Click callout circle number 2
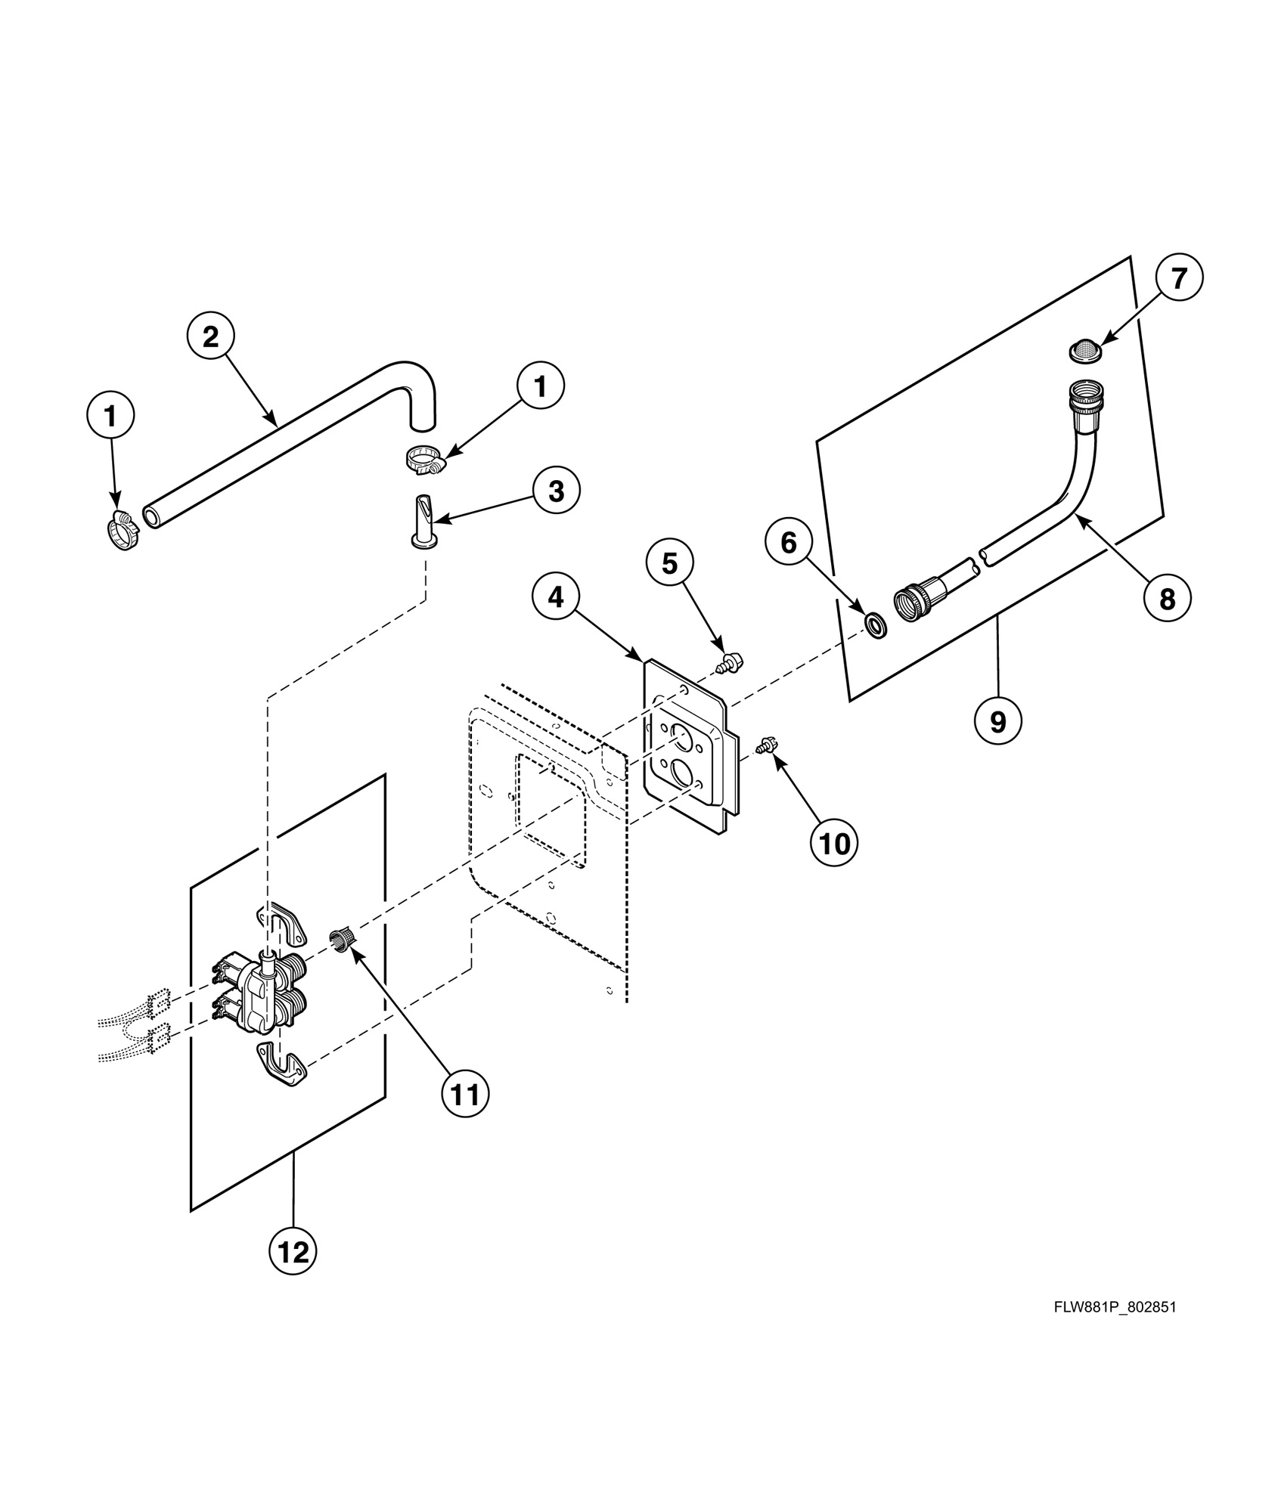tap(210, 336)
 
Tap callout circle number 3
tap(556, 491)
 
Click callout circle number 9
tap(997, 721)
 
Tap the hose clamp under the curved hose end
tap(422, 459)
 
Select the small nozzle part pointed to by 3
tap(423, 519)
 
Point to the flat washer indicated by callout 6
tap(877, 626)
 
